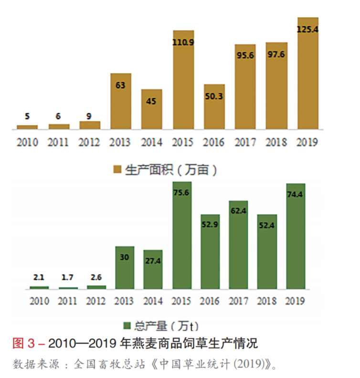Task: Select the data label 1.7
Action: tap(68, 277)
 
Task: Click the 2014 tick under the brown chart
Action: tap(152, 142)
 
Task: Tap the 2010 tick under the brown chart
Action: tap(27, 142)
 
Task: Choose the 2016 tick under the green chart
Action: tap(210, 301)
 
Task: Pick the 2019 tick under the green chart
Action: tap(295, 301)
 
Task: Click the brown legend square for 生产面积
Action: tap(117, 170)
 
